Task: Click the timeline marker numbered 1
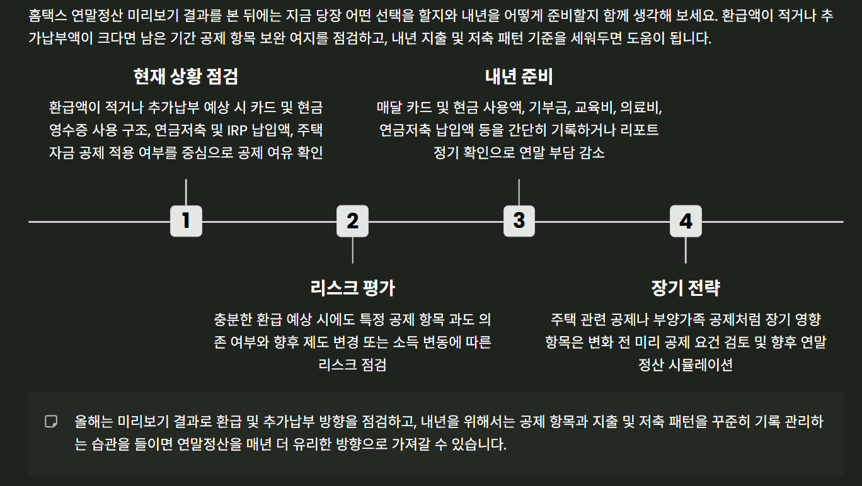pos(186,221)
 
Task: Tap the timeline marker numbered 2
pos(352,221)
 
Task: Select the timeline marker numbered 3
pos(519,221)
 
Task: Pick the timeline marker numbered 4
pos(685,221)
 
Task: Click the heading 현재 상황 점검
pos(186,77)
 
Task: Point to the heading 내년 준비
pos(519,77)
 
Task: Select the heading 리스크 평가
pos(352,288)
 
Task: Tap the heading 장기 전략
pos(685,288)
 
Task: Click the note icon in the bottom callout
pos(51,421)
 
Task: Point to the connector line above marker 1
pos(186,192)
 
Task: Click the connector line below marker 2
pos(352,250)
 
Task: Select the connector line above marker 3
pos(519,192)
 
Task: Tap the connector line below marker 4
pos(685,250)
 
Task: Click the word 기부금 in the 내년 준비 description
pos(548,107)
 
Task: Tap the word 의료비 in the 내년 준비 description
pos(640,107)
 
